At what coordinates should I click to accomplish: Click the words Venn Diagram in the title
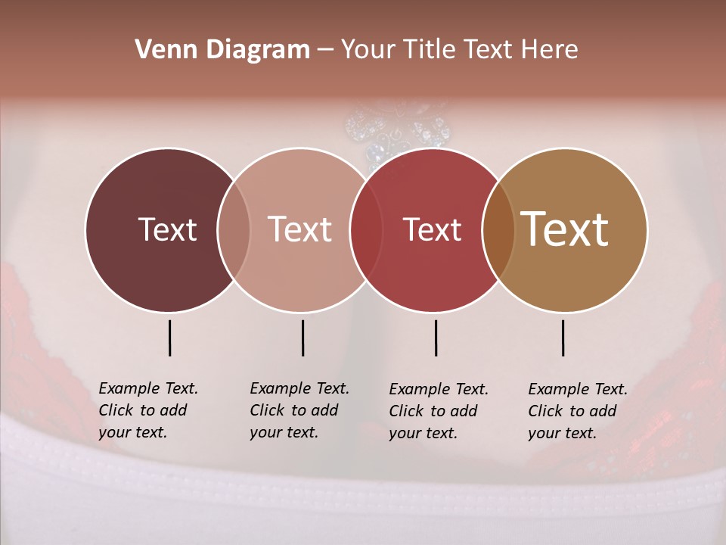point(222,50)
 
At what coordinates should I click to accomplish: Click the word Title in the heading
point(432,50)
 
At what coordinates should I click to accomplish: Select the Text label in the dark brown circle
point(167,229)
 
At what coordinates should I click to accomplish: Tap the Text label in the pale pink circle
point(299,229)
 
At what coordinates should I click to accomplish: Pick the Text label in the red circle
point(432,229)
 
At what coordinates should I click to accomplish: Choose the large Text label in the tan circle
point(565,229)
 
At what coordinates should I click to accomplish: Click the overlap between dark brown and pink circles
point(234,230)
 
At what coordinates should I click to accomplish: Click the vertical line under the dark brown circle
point(169,338)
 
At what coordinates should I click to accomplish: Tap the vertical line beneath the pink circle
point(302,338)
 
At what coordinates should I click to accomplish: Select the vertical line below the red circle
point(436,338)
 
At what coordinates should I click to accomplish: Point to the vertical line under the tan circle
point(563,338)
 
